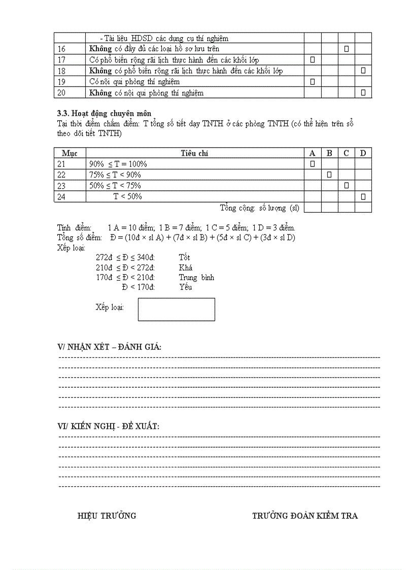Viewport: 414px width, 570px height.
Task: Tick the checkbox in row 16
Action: (346, 49)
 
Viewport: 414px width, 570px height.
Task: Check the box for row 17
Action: (312, 60)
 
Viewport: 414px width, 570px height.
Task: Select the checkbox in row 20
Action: (363, 92)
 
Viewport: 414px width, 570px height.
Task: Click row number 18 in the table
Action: (62, 71)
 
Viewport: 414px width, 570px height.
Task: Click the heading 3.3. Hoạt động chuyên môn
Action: (104, 113)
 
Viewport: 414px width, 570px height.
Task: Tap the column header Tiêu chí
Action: (194, 153)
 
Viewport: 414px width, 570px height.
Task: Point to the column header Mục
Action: (70, 153)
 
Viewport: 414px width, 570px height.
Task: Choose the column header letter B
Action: (329, 153)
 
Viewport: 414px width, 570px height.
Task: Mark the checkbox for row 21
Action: (312, 163)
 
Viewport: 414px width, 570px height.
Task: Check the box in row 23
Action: (346, 186)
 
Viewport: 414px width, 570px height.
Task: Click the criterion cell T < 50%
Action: (127, 196)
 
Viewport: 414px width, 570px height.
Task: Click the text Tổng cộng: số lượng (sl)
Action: (259, 208)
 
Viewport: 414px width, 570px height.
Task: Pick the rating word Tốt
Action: (184, 257)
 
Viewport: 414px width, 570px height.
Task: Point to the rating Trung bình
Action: (196, 277)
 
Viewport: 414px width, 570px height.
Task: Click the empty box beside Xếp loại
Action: (176, 309)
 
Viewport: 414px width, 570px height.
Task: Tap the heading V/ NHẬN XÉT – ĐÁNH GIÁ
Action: (110, 347)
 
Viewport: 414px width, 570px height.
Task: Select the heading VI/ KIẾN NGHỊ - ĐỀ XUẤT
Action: (109, 426)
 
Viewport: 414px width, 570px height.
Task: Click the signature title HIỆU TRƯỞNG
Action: (107, 516)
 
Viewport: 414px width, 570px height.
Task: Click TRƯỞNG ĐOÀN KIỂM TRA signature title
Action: (305, 516)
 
